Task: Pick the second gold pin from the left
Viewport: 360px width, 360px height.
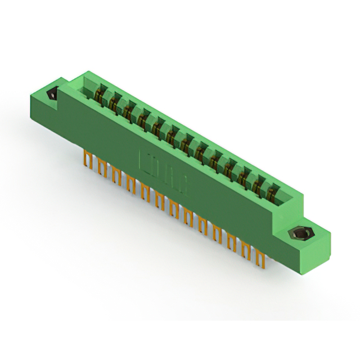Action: coord(102,168)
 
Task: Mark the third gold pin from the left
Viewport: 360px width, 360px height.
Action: coord(116,175)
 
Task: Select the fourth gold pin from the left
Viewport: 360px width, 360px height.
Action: coord(130,184)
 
